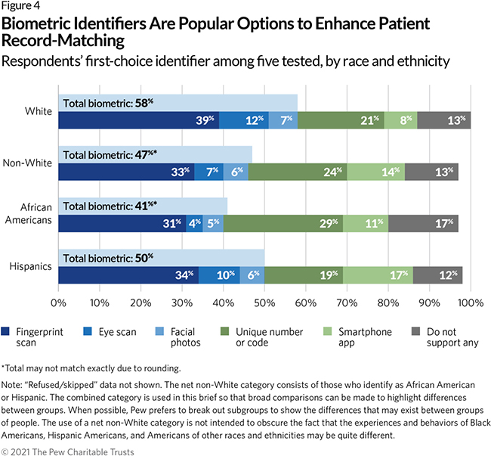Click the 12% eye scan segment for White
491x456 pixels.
[x=243, y=120]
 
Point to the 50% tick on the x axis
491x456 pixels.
[x=264, y=302]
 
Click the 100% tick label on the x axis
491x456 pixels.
[x=470, y=302]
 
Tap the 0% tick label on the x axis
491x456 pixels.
[x=59, y=302]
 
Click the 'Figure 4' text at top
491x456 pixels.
[x=20, y=8]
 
